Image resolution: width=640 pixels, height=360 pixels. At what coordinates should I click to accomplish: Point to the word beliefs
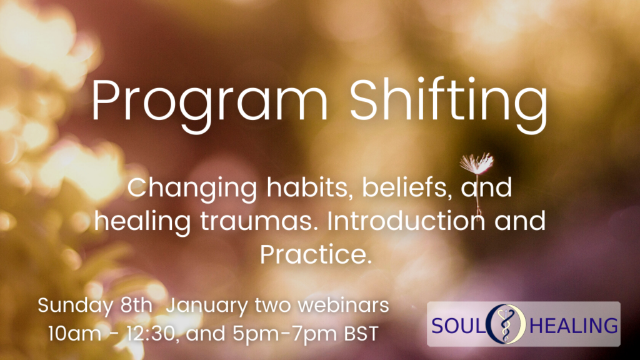tap(407, 187)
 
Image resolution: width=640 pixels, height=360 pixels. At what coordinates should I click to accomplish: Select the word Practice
tap(316, 254)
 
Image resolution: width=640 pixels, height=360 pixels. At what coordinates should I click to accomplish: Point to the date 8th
tap(136, 305)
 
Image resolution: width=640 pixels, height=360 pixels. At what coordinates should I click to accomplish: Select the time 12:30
tap(152, 334)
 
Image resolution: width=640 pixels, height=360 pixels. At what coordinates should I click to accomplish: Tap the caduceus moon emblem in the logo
tap(506, 324)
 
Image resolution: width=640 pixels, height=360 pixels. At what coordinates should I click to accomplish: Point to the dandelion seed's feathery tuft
tap(477, 162)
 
